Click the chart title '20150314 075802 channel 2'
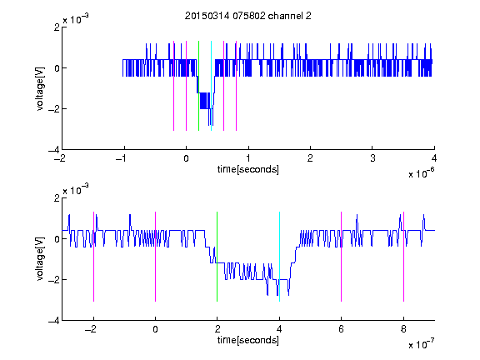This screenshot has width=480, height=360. coord(248,16)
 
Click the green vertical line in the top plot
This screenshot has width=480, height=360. coord(198,86)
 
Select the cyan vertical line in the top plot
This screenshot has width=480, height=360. coord(211,86)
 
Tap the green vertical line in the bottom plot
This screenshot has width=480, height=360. coord(217,257)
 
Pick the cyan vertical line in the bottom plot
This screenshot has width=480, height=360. coord(279,257)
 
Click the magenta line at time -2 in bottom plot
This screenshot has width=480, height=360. coord(93,257)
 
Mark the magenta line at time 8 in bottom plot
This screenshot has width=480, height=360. coord(403,257)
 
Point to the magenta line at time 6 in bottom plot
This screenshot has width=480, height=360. coord(342,257)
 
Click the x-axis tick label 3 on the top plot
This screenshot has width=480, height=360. coord(372,158)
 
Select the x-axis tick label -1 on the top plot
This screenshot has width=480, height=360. coord(122,158)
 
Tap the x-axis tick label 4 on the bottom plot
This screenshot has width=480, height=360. coord(279,329)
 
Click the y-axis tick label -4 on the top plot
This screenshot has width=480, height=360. coord(54,150)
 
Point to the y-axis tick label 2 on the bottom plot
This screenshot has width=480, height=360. coord(57,197)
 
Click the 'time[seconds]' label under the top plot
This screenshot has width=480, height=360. coord(248,169)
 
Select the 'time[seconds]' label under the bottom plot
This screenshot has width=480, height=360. coord(248,340)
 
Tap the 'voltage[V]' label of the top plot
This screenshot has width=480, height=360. coord(40,88)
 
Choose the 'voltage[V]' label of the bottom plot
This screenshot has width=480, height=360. coord(40,259)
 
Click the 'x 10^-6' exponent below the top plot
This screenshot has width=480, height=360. coord(422,173)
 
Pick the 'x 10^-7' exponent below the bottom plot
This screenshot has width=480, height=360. coord(422,344)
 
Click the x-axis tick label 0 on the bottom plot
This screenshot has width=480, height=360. coord(156,329)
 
